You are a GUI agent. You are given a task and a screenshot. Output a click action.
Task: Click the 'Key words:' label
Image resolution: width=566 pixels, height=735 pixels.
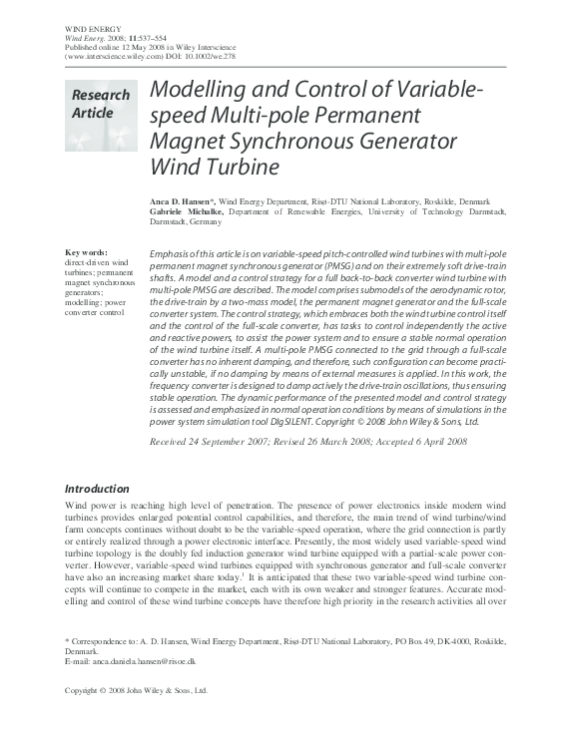pos(86,252)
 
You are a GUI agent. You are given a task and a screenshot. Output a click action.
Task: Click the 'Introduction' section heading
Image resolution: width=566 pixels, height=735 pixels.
pos(97,489)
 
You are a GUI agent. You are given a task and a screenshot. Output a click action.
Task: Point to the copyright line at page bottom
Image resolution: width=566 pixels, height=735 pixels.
pos(135,690)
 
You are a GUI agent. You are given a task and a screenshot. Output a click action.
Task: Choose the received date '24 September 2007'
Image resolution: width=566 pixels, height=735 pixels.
pos(232,440)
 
